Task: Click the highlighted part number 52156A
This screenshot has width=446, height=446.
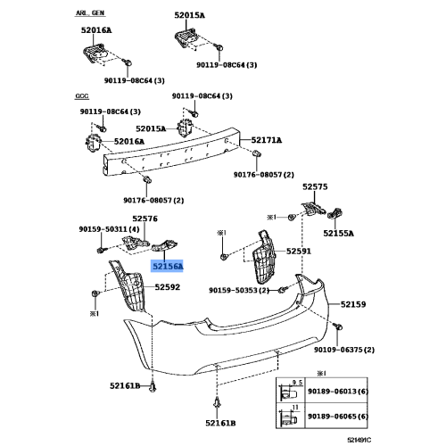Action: [168, 266]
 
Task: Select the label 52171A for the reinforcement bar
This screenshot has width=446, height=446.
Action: [266, 140]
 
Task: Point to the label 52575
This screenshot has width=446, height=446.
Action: [315, 187]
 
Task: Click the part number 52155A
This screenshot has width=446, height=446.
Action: [337, 233]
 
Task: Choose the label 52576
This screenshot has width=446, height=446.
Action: [145, 219]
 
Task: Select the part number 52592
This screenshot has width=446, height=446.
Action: [168, 287]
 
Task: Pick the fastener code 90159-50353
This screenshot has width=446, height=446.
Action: [239, 290]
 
